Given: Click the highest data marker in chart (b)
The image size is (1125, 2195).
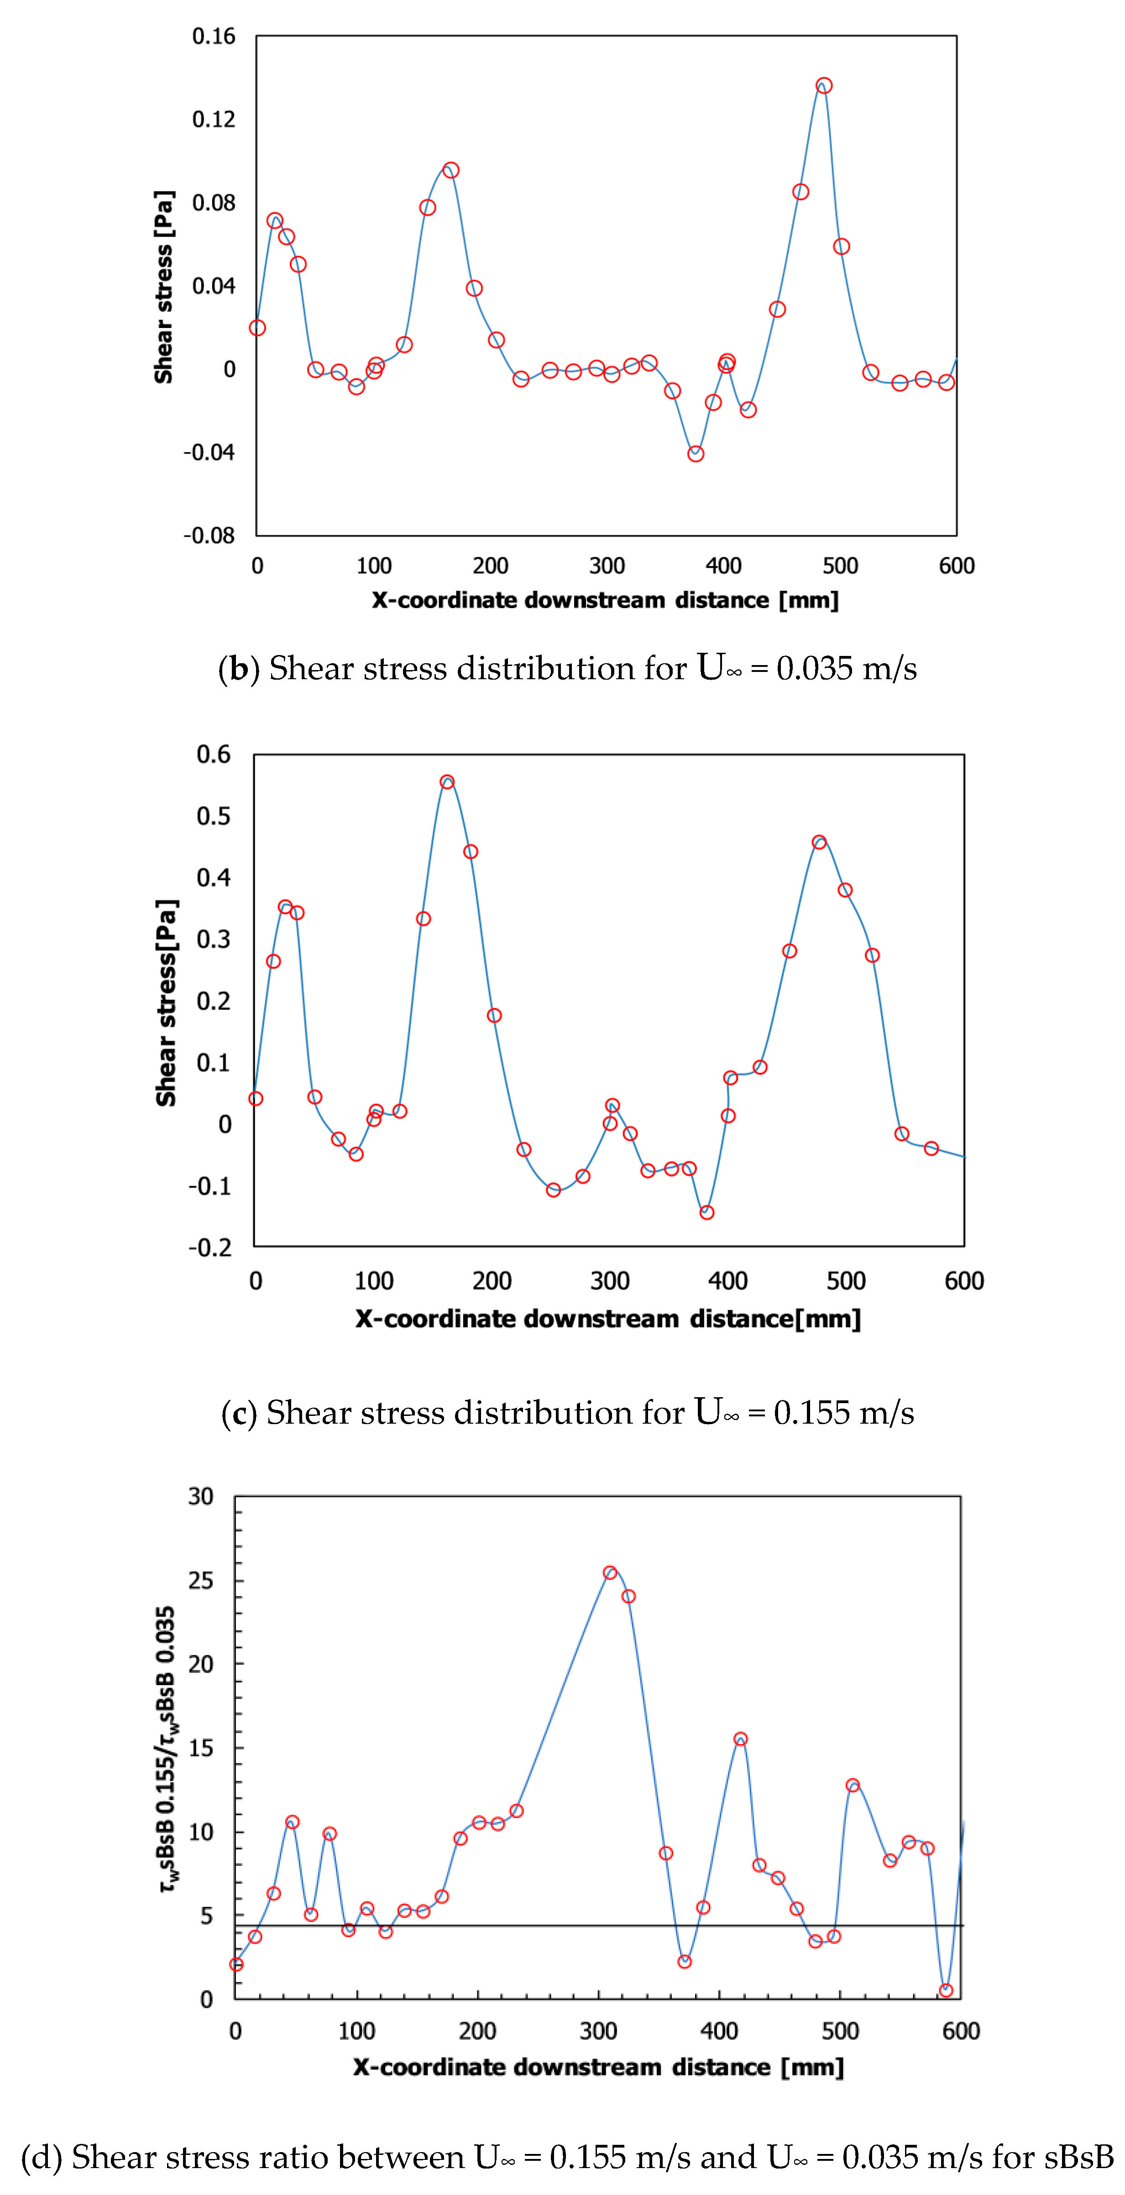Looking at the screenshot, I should pos(823,85).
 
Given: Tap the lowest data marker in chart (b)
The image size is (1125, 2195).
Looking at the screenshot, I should pos(696,453).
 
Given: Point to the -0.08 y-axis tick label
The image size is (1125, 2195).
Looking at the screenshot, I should pos(209,535).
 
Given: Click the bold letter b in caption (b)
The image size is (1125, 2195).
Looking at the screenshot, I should pos(239,669).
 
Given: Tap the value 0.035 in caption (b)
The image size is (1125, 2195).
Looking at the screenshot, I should pos(814,669).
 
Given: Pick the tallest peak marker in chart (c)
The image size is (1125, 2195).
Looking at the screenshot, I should pos(447,781).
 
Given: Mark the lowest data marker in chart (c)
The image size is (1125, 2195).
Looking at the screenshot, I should pos(706,1212).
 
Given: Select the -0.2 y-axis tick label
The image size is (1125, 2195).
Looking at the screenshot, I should pos(209,1248).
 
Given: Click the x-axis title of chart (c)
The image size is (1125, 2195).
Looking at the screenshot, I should pos(607,1319).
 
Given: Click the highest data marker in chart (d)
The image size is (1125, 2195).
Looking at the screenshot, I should pos(609,1572).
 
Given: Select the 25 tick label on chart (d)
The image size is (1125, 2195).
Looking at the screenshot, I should pos(201,1581).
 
